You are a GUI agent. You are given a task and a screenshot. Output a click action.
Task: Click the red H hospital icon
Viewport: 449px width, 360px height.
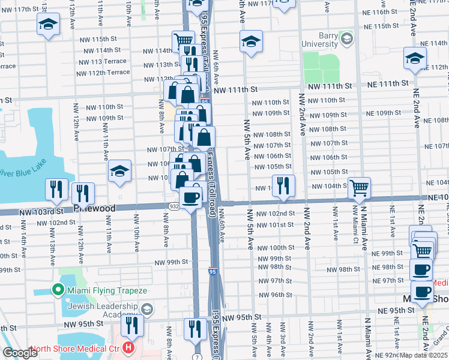(x=127, y=347)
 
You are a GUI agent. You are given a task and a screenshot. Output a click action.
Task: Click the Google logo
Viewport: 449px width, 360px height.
(x=20, y=353)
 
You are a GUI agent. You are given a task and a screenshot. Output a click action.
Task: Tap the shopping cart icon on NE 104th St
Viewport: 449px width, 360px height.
(x=359, y=188)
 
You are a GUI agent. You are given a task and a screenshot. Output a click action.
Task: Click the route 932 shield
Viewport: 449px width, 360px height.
(x=173, y=206)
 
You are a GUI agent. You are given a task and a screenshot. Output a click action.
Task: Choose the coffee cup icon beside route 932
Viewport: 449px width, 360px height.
(x=191, y=197)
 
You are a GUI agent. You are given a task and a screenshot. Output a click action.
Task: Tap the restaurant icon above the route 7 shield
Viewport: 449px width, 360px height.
(x=195, y=328)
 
